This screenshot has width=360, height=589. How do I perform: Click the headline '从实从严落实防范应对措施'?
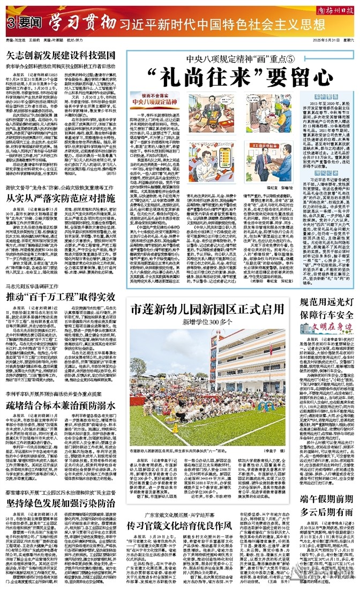click(x=62, y=197)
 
